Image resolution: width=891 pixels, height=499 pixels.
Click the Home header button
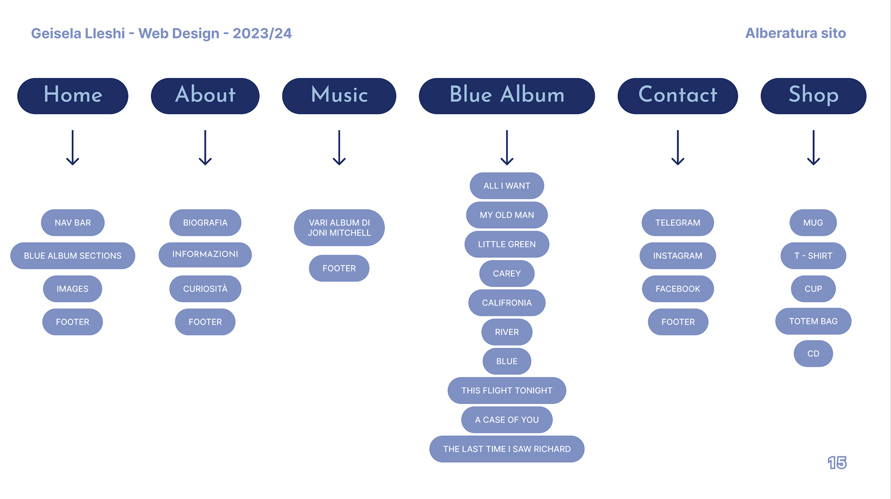coord(73,96)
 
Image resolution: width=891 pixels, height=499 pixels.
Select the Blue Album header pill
coord(507,96)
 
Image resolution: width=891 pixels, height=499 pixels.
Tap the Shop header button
coord(813,96)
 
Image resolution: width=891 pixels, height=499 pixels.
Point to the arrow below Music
coord(339,148)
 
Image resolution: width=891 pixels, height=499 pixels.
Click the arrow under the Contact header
coord(678,148)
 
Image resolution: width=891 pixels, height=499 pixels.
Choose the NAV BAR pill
coord(73,223)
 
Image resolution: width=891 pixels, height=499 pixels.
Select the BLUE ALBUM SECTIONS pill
coord(73,256)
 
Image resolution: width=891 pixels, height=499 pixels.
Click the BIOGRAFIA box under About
coord(205,223)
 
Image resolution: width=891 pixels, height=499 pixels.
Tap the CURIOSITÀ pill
coord(205,289)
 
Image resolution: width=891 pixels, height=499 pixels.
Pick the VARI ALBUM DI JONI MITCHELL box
coord(339,228)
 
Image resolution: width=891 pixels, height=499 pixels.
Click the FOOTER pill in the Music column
coord(339,268)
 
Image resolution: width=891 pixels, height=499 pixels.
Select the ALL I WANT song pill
coord(507,186)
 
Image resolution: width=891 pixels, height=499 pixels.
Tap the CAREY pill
coord(507,273)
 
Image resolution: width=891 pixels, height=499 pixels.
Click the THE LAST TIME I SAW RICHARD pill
coord(507,449)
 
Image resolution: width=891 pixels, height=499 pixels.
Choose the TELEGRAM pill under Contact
coord(678,223)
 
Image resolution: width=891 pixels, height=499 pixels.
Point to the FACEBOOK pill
coord(678,289)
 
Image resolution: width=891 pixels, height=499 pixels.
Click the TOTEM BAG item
coord(813,321)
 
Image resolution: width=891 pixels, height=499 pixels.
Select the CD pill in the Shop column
coord(813,354)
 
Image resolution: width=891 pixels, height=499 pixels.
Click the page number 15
coord(837,463)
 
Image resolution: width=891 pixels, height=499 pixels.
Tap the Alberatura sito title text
coord(795,33)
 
